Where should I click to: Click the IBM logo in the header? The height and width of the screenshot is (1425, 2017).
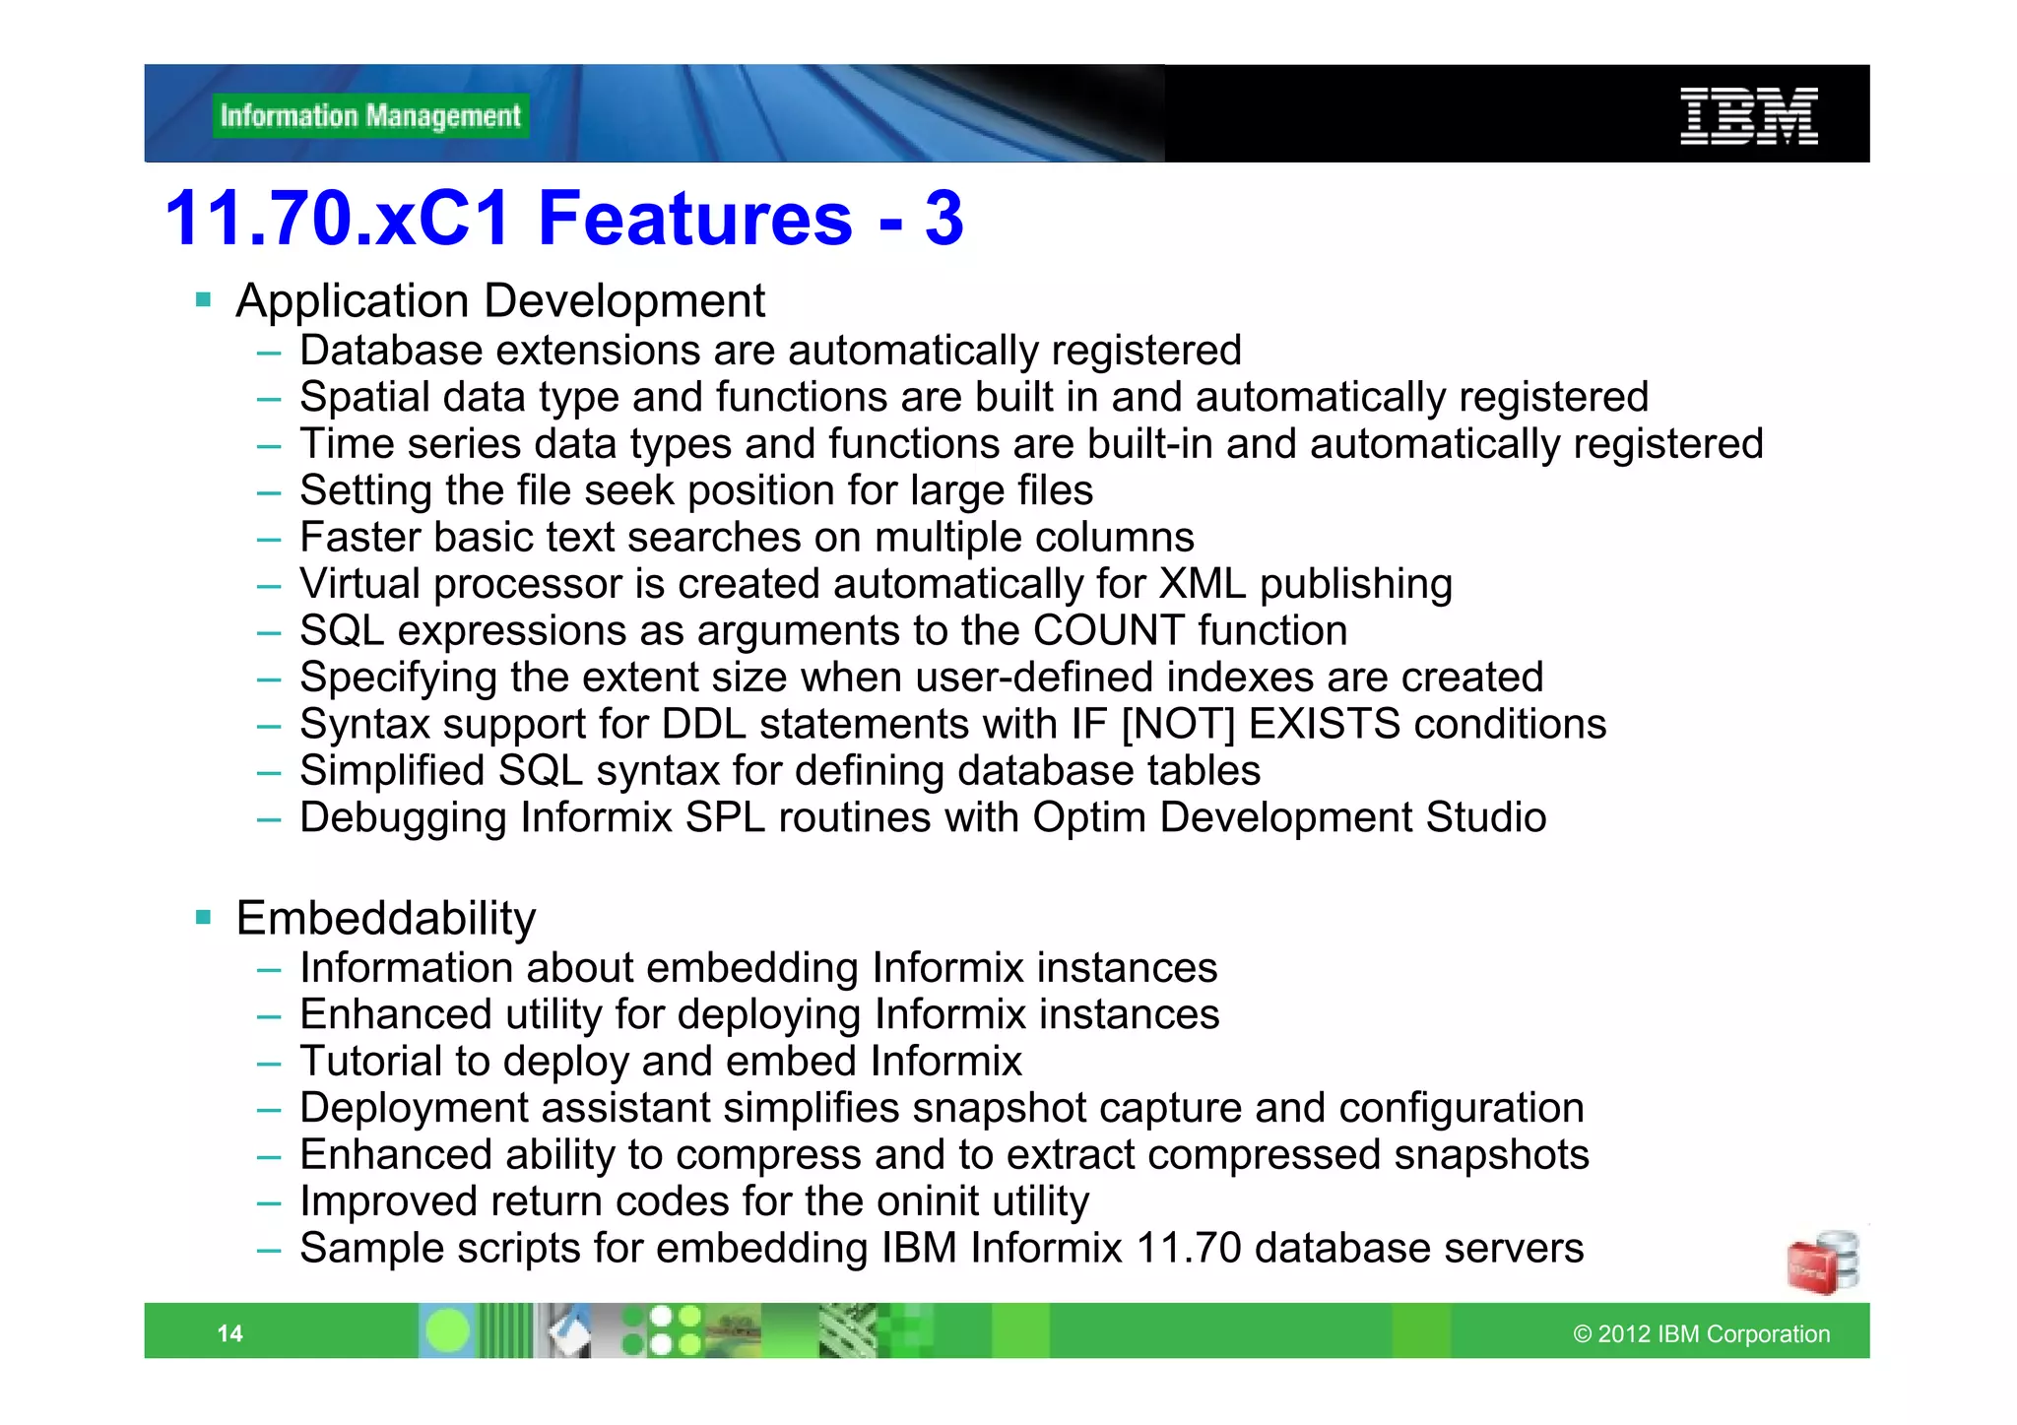(1748, 116)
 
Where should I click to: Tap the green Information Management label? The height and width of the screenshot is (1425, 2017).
(370, 116)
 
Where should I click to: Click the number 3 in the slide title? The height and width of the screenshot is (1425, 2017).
(943, 218)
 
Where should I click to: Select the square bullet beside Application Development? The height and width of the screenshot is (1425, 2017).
(204, 299)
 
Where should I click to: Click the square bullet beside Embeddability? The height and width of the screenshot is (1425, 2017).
(204, 917)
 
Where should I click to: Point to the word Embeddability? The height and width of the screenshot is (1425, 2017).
(386, 918)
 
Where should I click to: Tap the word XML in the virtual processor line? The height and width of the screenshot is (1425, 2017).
(1202, 584)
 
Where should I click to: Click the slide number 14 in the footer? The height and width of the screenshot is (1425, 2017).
(229, 1333)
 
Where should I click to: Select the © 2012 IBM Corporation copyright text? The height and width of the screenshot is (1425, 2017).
(1701, 1333)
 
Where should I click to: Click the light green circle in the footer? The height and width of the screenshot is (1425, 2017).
(447, 1331)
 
